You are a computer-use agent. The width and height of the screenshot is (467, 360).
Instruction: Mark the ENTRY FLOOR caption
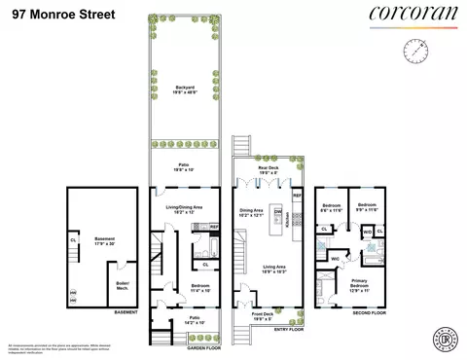[x=288, y=329]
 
